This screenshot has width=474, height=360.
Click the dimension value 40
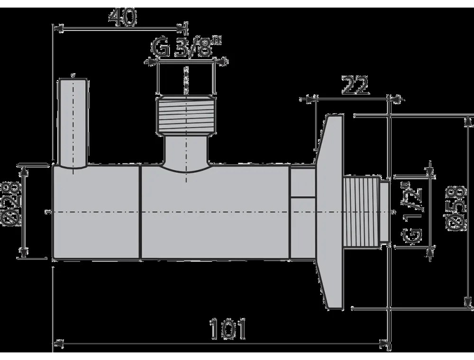(x=123, y=18)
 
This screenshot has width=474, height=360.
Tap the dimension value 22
(x=355, y=86)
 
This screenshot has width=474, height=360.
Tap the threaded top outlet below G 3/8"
(x=186, y=116)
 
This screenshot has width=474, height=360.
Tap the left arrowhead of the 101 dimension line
(x=57, y=343)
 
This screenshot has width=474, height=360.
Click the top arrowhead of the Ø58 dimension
(x=466, y=121)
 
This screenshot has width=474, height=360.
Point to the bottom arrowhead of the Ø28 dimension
(x=21, y=254)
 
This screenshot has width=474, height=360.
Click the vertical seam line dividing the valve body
(x=141, y=212)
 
